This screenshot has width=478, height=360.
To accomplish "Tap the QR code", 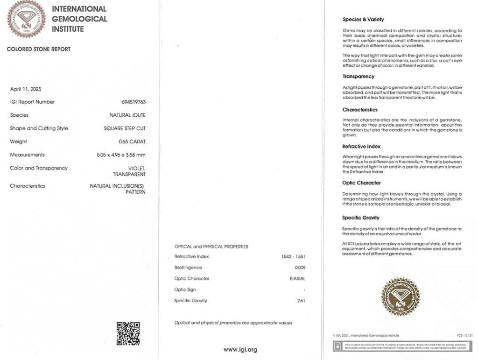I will click(128, 333).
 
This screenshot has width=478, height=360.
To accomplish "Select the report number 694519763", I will click(134, 102).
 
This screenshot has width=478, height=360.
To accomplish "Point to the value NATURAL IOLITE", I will click(127, 115).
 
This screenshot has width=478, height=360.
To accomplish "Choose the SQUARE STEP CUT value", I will click(125, 128).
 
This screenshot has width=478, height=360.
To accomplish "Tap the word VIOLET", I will click(136, 168).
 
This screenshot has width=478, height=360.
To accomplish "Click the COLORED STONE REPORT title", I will click(38, 49).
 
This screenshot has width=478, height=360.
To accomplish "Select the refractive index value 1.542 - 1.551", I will click(293, 256).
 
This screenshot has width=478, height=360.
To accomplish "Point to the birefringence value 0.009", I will click(300, 268).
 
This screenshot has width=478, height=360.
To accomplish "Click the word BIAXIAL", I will click(298, 279).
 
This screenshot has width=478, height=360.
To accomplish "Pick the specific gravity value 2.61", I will click(301, 301).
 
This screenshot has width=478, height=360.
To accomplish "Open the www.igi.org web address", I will click(240, 350).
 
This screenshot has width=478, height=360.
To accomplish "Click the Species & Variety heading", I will click(363, 20).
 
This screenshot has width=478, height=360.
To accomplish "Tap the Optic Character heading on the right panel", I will click(361, 183).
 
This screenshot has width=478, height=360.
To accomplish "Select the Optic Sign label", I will click(185, 289).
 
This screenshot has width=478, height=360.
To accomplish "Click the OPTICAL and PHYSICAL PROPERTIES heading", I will click(211, 247).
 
